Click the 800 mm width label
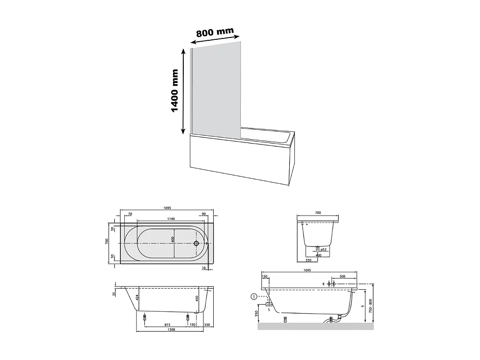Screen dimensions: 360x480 point(215,32)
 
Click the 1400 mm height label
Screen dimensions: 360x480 point(175,90)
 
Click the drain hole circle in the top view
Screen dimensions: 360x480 point(196,244)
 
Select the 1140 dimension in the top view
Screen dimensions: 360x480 point(171,219)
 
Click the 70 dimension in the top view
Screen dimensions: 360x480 point(130,214)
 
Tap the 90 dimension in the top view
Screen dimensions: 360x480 point(203,214)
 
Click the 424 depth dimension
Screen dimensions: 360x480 point(137,297)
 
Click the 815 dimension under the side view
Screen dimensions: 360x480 point(167,324)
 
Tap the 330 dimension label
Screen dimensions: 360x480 point(207,324)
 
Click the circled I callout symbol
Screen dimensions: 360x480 point(254,296)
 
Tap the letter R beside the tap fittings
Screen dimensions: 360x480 point(323,284)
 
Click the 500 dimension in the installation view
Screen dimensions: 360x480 point(342,277)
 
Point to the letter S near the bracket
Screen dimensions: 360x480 point(269,310)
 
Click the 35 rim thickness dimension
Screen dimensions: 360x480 point(114,294)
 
